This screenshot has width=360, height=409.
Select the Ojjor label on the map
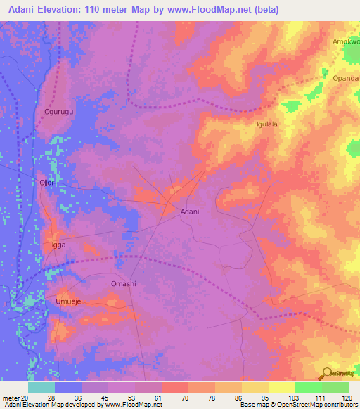(x=47, y=183)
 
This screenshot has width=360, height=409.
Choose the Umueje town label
(x=70, y=300)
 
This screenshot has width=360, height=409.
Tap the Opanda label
(x=346, y=77)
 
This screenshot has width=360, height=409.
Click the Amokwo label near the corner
(x=346, y=41)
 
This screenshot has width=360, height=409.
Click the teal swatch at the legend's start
(x=41, y=387)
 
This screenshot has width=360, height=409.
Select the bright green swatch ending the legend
(x=335, y=387)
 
